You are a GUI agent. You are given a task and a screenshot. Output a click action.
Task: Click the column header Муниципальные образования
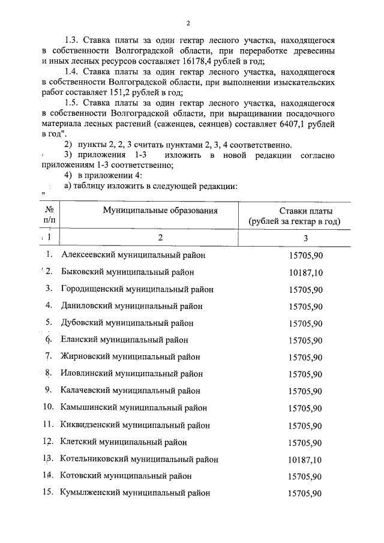(x=160, y=210)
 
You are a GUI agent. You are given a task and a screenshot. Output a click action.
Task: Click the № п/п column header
(x=50, y=215)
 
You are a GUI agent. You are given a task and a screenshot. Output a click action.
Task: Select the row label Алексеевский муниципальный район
(x=133, y=255)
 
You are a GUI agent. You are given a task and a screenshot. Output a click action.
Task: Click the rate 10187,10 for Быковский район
(x=305, y=272)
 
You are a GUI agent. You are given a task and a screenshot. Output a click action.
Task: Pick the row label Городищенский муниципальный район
(x=137, y=289)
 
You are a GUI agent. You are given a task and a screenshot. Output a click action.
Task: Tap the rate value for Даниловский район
(x=305, y=306)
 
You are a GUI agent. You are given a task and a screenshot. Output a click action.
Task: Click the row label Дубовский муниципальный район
(x=127, y=323)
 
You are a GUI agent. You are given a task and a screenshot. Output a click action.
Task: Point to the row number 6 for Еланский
(x=49, y=340)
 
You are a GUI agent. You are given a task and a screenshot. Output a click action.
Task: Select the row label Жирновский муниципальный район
(x=130, y=357)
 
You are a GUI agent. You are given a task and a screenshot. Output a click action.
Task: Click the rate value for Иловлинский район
(x=305, y=374)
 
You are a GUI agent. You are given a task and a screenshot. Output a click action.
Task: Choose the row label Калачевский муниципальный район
(x=130, y=391)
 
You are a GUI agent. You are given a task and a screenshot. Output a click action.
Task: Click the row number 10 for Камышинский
(x=49, y=408)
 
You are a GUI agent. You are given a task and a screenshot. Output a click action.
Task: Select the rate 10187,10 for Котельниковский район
(x=305, y=460)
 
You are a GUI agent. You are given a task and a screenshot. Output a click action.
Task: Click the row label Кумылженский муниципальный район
(x=135, y=493)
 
